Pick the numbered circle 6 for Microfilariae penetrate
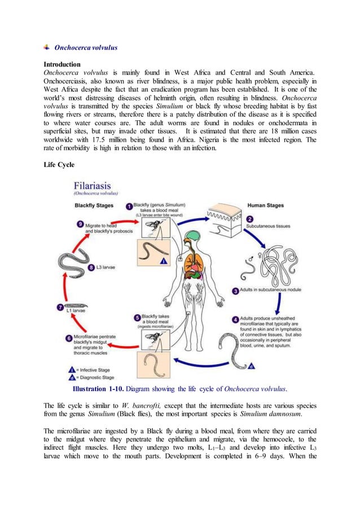coord(69,337)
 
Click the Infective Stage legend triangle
coord(70,369)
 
